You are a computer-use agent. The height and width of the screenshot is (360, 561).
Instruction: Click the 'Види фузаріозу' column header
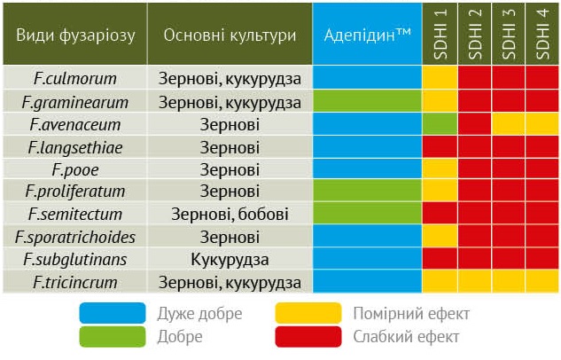coord(75,35)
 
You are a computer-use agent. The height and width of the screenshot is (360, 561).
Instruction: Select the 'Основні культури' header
coord(230,35)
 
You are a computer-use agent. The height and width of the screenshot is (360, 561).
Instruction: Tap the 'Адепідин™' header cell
coord(368,35)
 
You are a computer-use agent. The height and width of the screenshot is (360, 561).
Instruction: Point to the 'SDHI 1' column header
coord(440,35)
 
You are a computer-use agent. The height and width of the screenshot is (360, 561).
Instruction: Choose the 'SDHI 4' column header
coord(542,35)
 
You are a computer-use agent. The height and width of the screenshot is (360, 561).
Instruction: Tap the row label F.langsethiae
coord(75,146)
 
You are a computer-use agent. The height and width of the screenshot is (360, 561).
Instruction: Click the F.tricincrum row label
coord(75,283)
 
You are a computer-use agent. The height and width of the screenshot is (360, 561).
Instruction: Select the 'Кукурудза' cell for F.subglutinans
coord(230,260)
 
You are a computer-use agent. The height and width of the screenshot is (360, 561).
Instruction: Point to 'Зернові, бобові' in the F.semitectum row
coord(230,215)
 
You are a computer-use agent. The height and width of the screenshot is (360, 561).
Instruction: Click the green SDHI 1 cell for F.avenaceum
coord(440,124)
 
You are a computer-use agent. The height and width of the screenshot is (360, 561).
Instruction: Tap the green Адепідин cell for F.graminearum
coord(368,101)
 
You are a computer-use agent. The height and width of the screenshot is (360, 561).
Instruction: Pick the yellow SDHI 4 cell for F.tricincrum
coord(542,283)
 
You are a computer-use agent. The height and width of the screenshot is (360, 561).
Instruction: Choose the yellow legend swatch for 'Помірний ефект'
coord(309,313)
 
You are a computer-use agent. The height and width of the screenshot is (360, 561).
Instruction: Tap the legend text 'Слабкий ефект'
coord(406,337)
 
